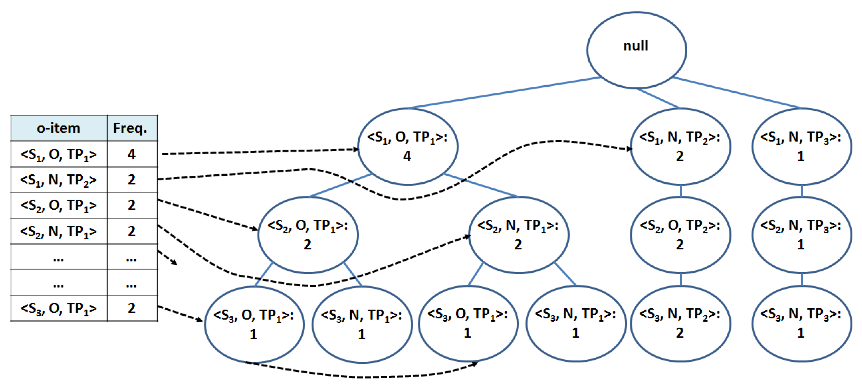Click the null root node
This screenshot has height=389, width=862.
tap(636, 50)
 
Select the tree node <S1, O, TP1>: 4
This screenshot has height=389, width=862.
tap(407, 147)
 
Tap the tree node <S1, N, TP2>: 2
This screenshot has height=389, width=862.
tap(680, 147)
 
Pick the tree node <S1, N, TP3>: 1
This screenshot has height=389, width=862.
tap(801, 147)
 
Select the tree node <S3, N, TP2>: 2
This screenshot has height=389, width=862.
tap(680, 324)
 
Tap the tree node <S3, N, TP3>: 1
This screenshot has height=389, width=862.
tap(801, 324)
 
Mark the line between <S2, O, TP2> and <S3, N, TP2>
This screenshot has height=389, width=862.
tap(681, 279)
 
